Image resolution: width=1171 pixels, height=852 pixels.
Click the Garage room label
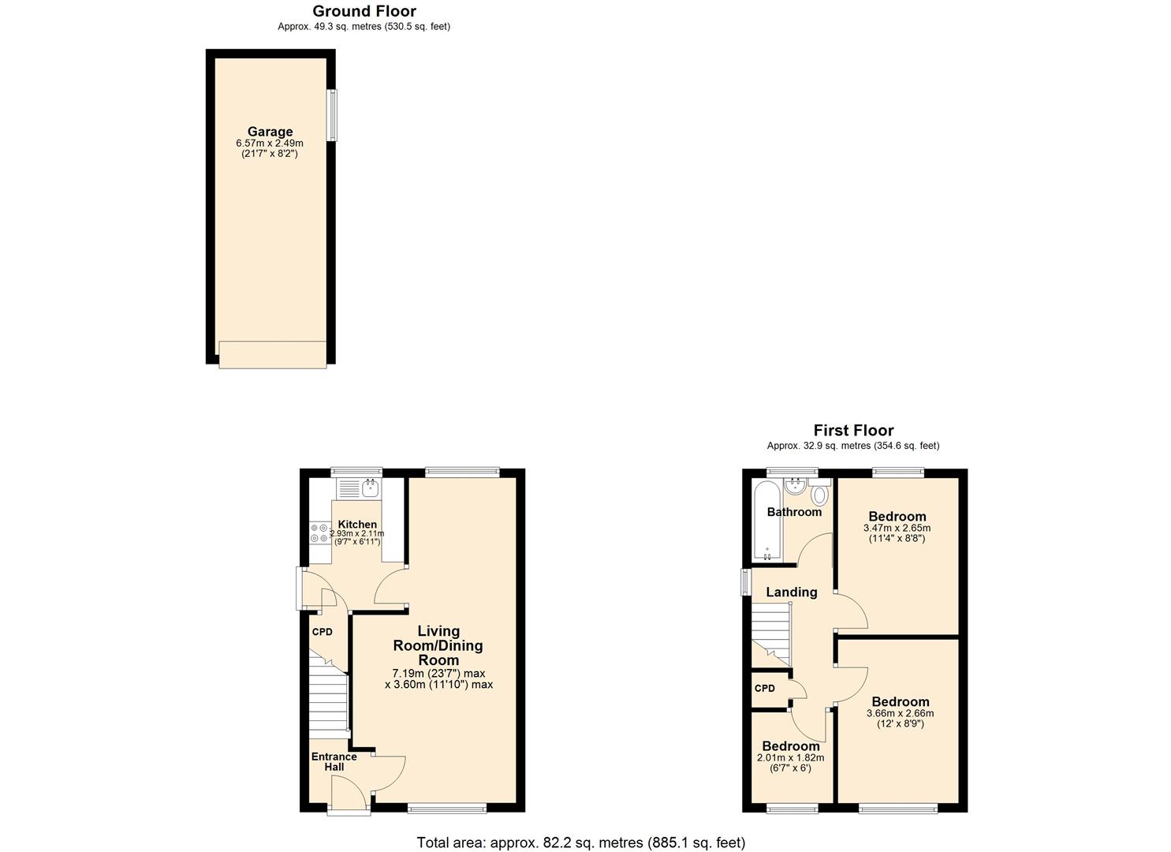pyautogui.click(x=270, y=132)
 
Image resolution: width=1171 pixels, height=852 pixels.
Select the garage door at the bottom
pyautogui.click(x=272, y=354)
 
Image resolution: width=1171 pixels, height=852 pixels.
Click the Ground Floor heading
pyautogui.click(x=364, y=11)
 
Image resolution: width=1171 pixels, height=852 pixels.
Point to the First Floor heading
pyautogui.click(x=853, y=430)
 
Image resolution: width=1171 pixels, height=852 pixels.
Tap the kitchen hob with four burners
pyautogui.click(x=319, y=533)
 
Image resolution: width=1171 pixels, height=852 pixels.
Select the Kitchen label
pyautogui.click(x=357, y=524)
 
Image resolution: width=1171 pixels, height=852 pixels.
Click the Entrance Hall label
pyautogui.click(x=334, y=761)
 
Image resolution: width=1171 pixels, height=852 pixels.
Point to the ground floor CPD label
pyautogui.click(x=322, y=632)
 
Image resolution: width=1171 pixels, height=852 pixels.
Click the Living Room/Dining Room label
pyautogui.click(x=438, y=645)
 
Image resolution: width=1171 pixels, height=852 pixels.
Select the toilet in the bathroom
pyautogui.click(x=820, y=495)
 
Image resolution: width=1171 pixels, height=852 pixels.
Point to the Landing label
pyautogui.click(x=791, y=592)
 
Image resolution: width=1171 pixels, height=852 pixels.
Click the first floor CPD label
pyautogui.click(x=764, y=688)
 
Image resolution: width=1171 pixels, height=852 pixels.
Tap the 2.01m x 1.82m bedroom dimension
pyautogui.click(x=790, y=758)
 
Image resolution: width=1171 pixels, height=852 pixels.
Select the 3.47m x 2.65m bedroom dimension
pyautogui.click(x=897, y=529)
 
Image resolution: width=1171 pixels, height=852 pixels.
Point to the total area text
pyautogui.click(x=580, y=843)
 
